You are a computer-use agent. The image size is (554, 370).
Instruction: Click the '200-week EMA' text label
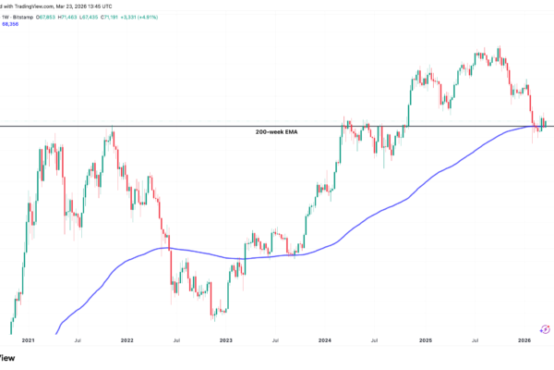pyautogui.click(x=276, y=132)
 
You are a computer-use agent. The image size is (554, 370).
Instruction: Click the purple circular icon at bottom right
pyautogui.click(x=545, y=328)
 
